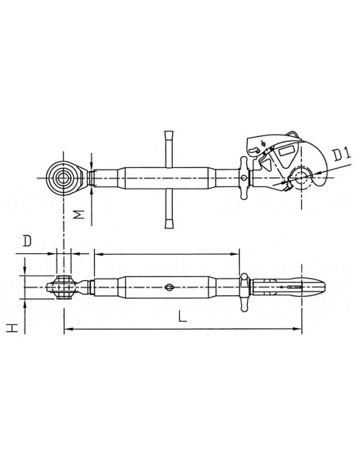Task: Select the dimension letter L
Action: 182,316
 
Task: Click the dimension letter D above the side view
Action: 29,239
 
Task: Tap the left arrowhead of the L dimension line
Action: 67,328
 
